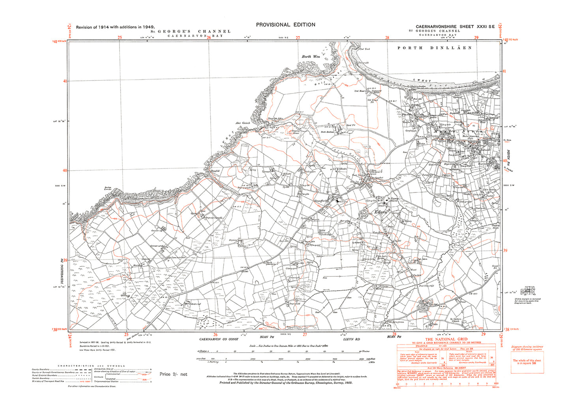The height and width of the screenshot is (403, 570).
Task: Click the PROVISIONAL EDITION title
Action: point(286,24)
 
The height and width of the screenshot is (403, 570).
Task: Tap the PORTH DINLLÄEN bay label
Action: point(434,48)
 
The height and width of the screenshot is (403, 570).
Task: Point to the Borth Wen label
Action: point(311,57)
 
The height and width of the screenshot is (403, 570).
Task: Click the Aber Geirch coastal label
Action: point(243,123)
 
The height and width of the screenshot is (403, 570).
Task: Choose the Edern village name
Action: point(381,212)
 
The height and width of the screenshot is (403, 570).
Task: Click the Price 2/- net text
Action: point(174,374)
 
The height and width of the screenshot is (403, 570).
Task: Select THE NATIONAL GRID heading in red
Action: point(446,339)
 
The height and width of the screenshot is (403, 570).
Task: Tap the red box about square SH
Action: point(527,362)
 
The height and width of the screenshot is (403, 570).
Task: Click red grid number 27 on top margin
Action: point(298,38)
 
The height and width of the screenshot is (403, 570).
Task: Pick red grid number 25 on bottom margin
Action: point(126,335)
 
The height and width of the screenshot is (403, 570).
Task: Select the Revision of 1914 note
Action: point(115,27)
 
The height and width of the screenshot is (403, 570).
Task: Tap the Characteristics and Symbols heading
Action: point(92,366)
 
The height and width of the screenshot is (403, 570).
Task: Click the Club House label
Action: point(359,91)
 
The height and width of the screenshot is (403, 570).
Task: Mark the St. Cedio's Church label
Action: point(458,319)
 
